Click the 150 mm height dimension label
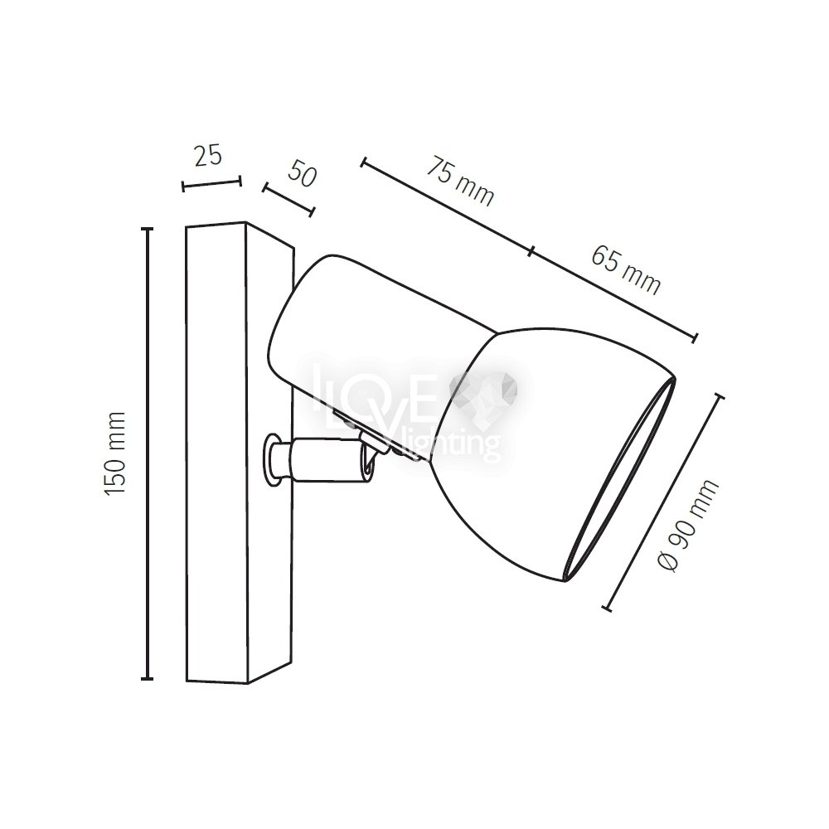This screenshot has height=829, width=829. click(x=115, y=453)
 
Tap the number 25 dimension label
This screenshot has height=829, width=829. click(x=208, y=156)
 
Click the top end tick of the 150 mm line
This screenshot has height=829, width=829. click(x=147, y=229)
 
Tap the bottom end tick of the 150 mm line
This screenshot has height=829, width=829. click(x=147, y=678)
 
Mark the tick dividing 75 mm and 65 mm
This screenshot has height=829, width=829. click(x=531, y=251)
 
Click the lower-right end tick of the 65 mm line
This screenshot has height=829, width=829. click(x=696, y=338)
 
